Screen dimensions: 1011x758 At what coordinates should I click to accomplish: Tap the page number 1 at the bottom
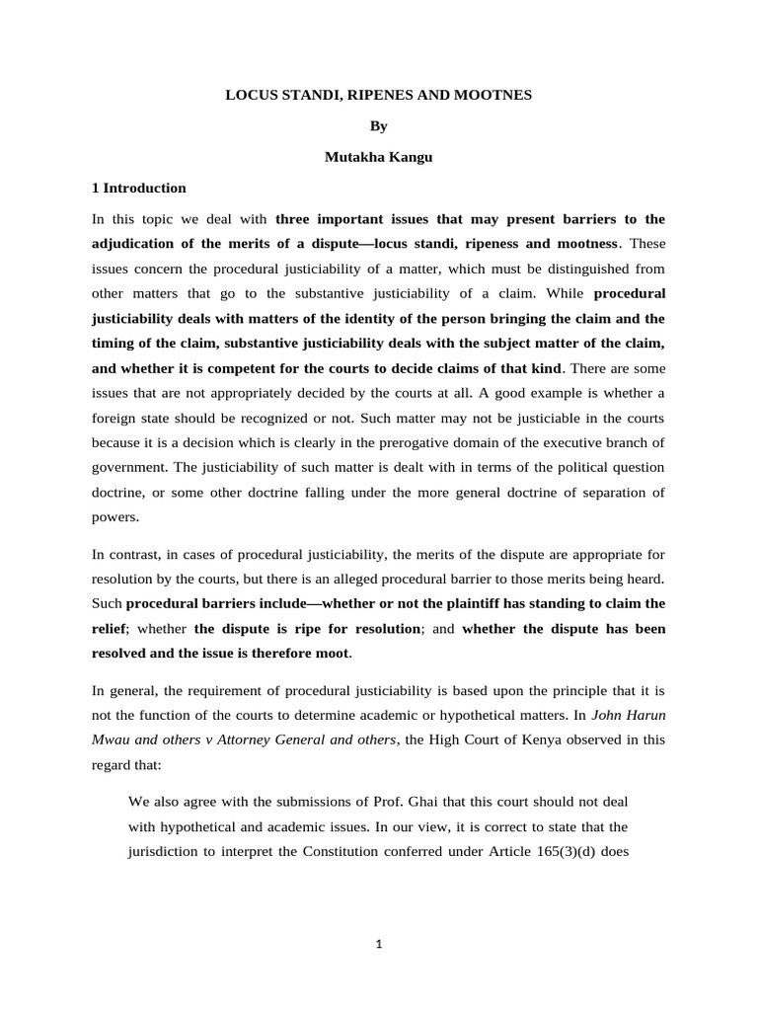click(x=379, y=944)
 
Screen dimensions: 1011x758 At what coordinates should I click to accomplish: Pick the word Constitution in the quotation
click(x=323, y=853)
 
